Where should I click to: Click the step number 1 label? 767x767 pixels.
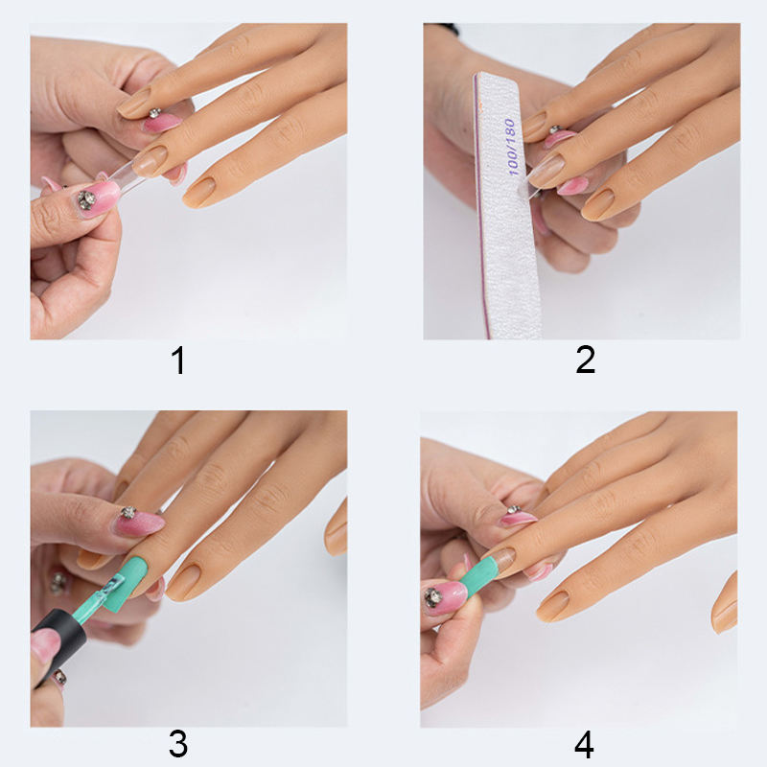pyautogui.click(x=178, y=360)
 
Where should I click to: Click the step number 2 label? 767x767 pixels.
pyautogui.click(x=586, y=360)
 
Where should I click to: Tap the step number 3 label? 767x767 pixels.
pyautogui.click(x=178, y=744)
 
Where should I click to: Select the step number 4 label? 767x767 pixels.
pyautogui.click(x=584, y=745)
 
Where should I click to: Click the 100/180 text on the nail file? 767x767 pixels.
pyautogui.click(x=510, y=147)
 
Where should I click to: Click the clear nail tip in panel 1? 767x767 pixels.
pyautogui.click(x=128, y=177)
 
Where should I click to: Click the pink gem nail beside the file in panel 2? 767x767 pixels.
pyautogui.click(x=559, y=137)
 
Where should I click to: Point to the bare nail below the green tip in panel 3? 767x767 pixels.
pyautogui.click(x=182, y=582)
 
